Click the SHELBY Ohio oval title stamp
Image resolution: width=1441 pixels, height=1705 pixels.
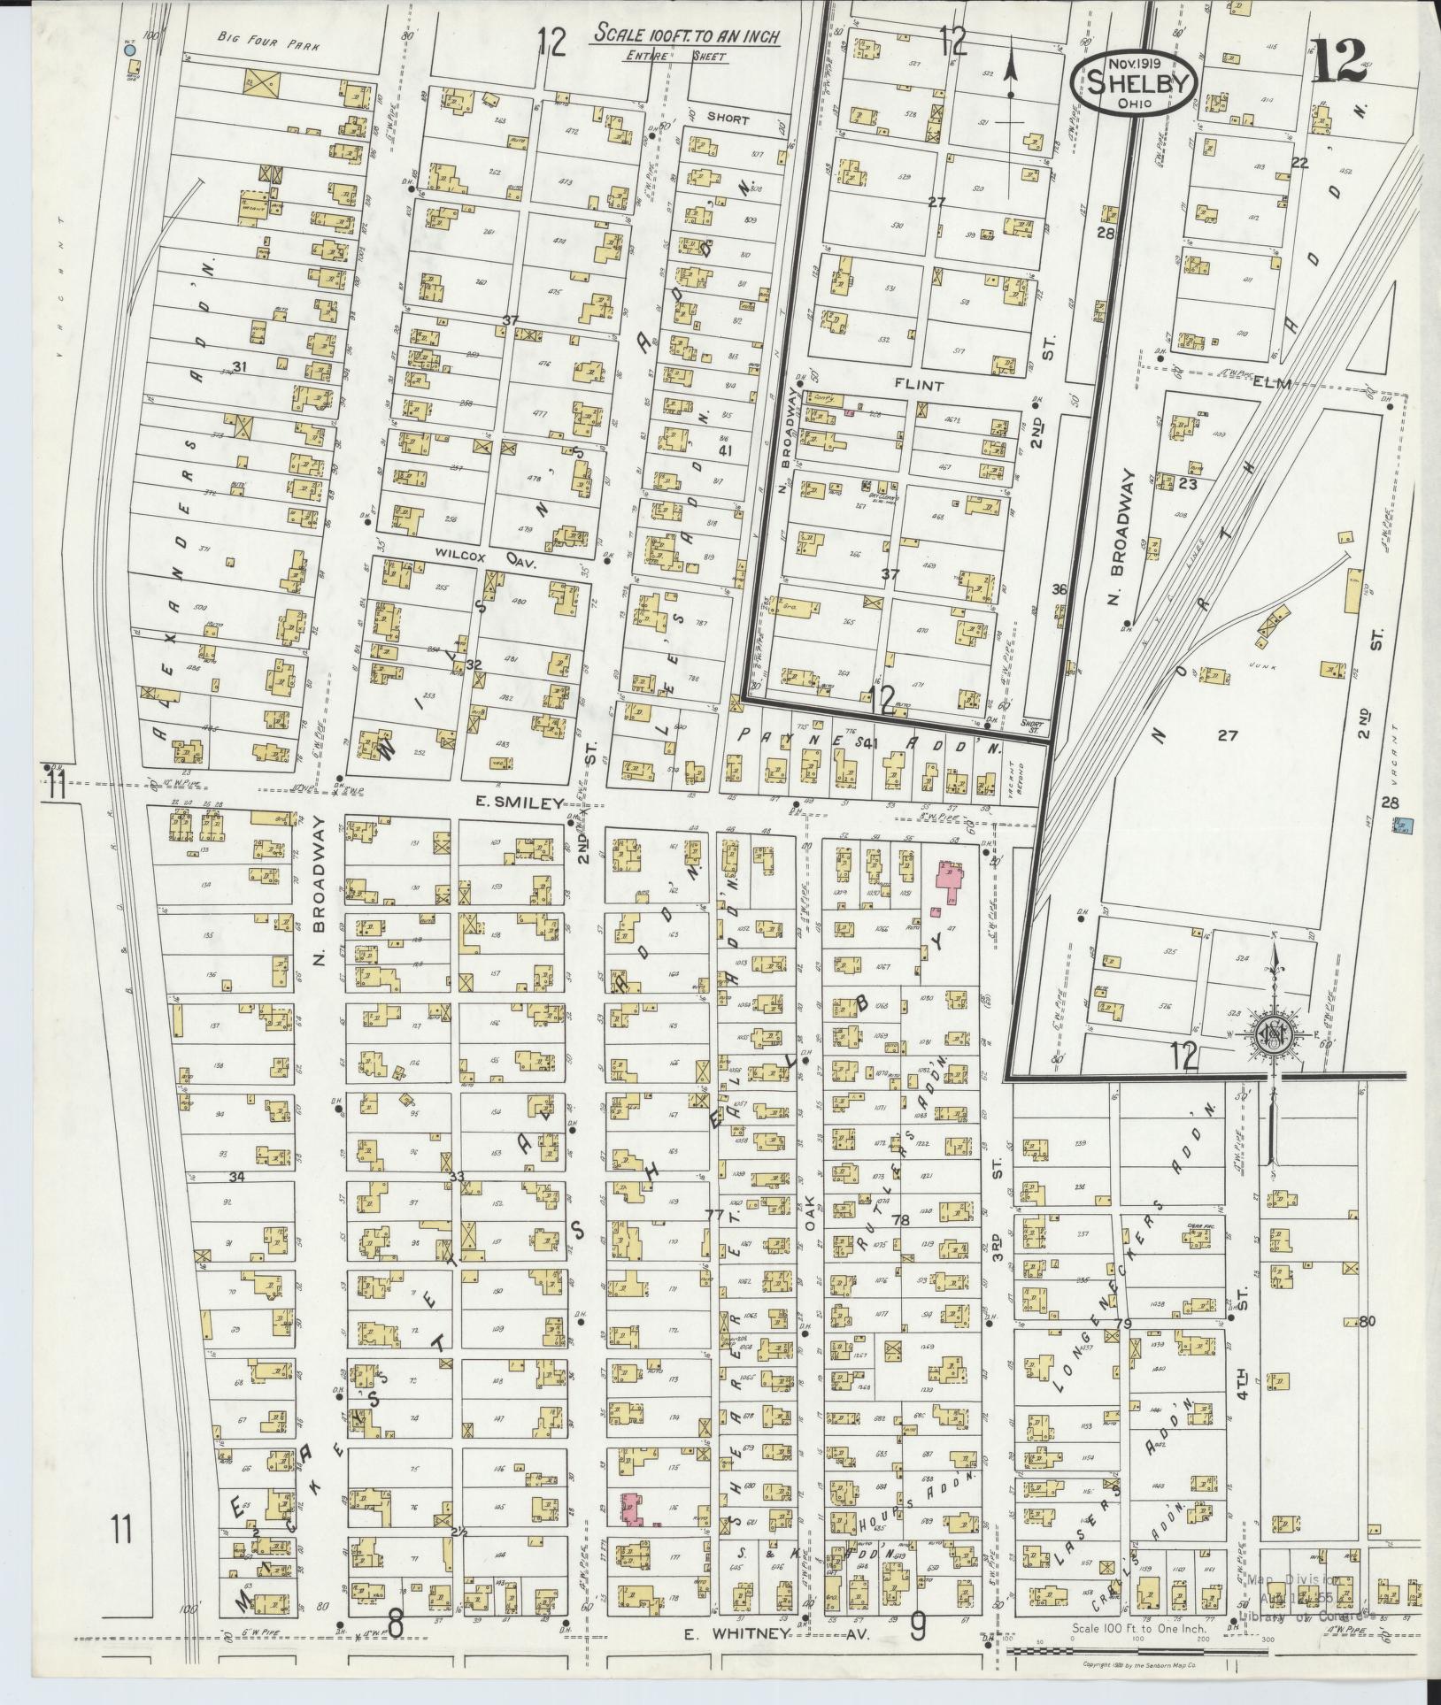tap(1134, 81)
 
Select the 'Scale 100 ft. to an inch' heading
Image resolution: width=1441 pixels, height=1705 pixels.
tap(687, 36)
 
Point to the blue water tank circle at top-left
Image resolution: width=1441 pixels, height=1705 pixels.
tap(130, 50)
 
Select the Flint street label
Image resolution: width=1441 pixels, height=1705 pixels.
tap(918, 386)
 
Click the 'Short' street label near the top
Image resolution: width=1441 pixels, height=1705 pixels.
tap(728, 119)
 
